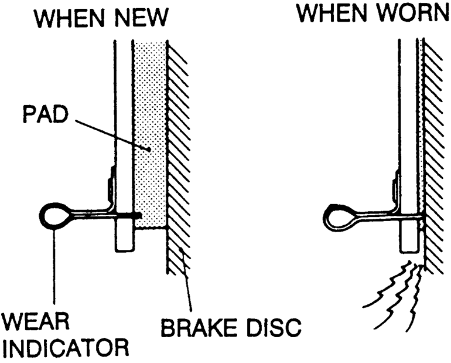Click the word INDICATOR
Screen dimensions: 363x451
pos(66,348)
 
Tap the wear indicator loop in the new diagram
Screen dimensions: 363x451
pos(55,215)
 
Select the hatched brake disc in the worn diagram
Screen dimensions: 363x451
pos(433,147)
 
